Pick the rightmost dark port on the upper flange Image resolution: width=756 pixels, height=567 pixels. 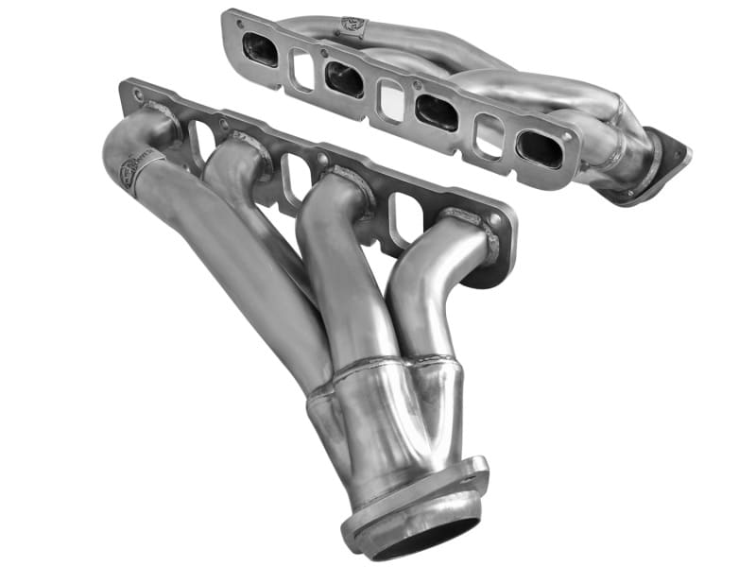[x=540, y=148]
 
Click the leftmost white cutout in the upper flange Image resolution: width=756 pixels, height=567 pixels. [x=302, y=69]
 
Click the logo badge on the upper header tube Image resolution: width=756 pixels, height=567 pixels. [x=355, y=24]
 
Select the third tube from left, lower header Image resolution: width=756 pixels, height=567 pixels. [x=331, y=265]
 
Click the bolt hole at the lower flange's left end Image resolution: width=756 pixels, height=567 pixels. [x=137, y=94]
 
